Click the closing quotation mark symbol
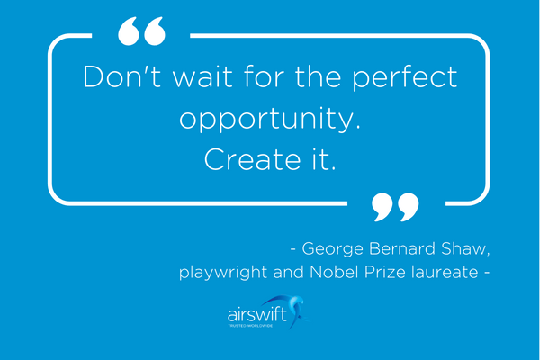click(395, 206)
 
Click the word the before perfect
click(324, 77)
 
